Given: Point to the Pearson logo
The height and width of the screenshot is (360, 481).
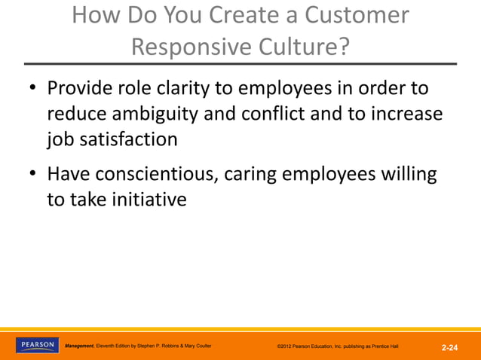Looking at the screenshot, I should (x=36, y=345).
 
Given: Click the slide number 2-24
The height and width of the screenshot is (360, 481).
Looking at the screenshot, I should (x=450, y=347).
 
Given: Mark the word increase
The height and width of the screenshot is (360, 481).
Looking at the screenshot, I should (x=407, y=114).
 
